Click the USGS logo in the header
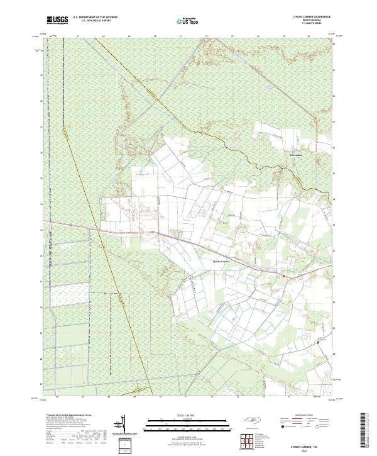click(57, 20)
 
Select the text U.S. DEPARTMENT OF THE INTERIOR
click(95, 18)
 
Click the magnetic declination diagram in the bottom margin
click(123, 425)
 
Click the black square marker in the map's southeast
click(319, 342)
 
